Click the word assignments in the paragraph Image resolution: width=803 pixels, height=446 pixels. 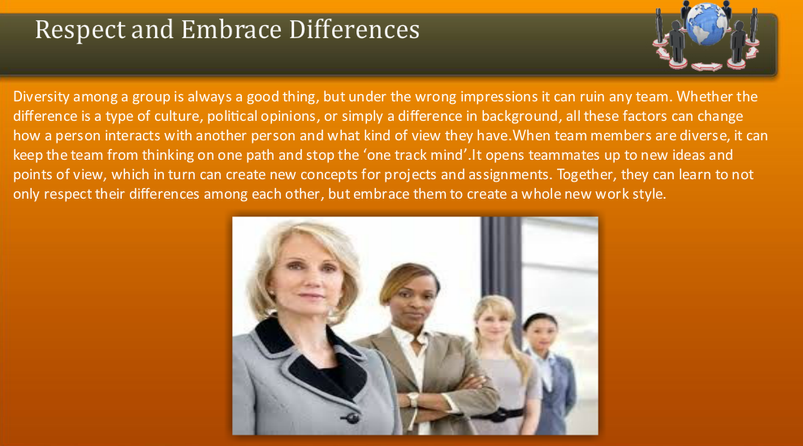tap(464, 173)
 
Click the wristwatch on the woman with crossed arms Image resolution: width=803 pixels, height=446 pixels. tap(412, 400)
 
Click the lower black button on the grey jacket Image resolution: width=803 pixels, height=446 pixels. tap(352, 418)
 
